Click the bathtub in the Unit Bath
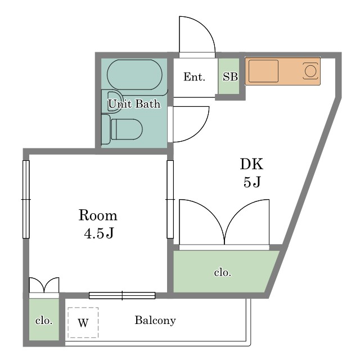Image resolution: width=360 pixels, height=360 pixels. (x=134, y=75)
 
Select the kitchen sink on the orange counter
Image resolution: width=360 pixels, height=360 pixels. (x=264, y=71)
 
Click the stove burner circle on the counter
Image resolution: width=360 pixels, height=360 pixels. (x=310, y=71)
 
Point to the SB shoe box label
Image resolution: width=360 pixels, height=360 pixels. (x=230, y=76)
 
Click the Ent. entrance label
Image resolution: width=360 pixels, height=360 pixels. (x=194, y=76)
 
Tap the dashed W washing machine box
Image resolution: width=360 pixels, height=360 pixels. (x=83, y=322)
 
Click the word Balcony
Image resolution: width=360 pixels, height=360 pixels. (x=155, y=321)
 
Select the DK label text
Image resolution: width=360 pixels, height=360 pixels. (x=251, y=164)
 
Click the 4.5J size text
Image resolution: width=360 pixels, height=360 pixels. (x=99, y=233)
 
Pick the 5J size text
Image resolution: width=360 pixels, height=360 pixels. (x=252, y=182)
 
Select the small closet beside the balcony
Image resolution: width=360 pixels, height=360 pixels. (x=44, y=319)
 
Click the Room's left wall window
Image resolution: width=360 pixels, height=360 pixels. (x=26, y=199)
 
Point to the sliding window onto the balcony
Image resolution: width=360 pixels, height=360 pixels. (x=122, y=295)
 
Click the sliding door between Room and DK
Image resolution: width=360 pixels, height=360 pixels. (x=170, y=199)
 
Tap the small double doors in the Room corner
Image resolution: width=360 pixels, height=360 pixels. (x=44, y=285)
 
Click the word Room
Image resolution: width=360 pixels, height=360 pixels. (x=98, y=215)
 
